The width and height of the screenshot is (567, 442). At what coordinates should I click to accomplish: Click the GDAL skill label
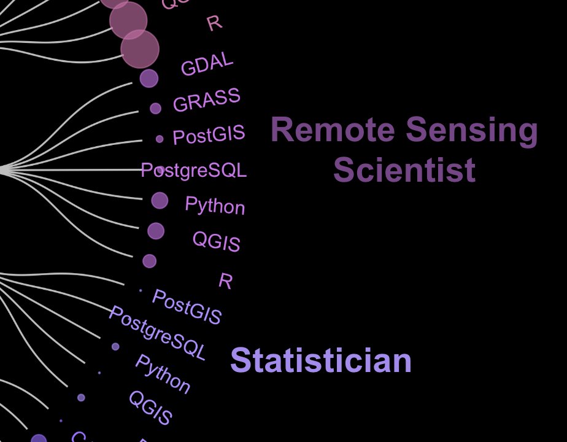click(207, 64)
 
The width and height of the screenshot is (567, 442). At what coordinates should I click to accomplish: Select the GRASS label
click(207, 100)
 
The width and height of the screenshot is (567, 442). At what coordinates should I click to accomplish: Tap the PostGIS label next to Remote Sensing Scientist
click(209, 134)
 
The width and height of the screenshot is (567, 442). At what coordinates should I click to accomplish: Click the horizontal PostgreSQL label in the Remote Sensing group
click(194, 170)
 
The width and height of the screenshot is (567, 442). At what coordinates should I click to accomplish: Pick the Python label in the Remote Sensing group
click(215, 206)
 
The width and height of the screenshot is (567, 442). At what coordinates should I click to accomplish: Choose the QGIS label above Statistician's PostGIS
click(216, 241)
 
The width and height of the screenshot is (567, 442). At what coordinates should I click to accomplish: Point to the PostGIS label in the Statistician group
click(187, 307)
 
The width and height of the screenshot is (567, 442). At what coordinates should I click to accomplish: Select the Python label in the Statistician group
click(163, 374)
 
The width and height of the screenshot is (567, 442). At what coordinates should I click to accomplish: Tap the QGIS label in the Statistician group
click(150, 408)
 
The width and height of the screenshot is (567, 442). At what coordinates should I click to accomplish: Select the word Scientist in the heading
click(404, 170)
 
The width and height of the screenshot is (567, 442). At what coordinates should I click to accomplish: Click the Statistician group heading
click(320, 360)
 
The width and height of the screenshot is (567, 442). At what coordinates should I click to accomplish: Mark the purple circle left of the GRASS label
click(155, 109)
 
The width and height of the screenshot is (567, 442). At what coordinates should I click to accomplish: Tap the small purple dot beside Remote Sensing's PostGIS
click(160, 139)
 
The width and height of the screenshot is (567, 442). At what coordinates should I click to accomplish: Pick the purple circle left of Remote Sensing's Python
click(160, 200)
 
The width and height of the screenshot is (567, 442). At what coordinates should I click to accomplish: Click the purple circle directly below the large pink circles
click(148, 79)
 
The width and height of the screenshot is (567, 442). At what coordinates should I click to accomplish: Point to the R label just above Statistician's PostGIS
click(225, 281)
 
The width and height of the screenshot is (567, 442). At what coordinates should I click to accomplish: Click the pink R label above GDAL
click(214, 23)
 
